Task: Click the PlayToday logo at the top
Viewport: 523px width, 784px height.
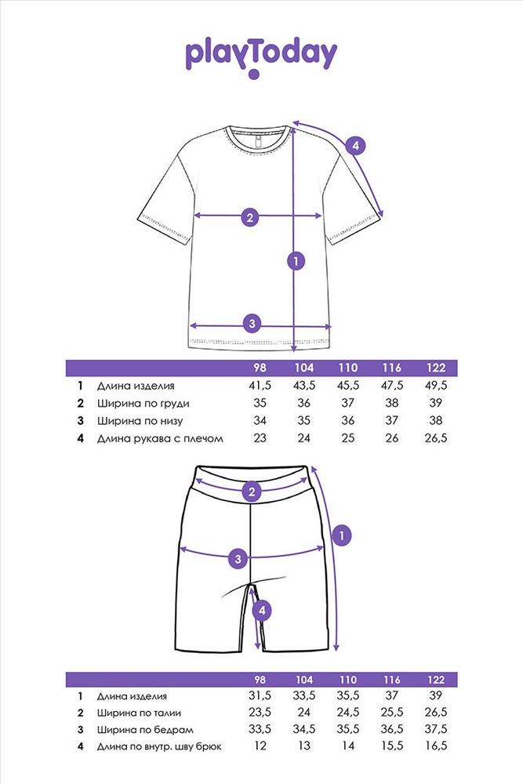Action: click(x=261, y=56)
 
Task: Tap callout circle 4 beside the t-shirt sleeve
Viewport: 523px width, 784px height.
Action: click(x=355, y=146)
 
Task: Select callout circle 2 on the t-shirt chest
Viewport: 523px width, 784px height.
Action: click(x=250, y=217)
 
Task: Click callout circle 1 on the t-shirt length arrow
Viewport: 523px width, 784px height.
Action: click(x=296, y=261)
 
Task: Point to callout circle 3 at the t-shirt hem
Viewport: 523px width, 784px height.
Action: click(x=252, y=324)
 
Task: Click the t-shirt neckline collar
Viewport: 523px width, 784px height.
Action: click(x=258, y=138)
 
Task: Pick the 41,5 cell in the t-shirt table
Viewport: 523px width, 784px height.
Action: click(x=260, y=386)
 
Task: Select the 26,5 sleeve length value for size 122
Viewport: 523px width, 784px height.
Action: click(x=435, y=438)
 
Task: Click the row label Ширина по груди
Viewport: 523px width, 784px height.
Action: click(x=143, y=404)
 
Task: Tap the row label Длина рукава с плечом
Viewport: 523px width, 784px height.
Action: click(x=160, y=438)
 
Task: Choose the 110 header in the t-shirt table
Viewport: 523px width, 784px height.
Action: click(x=348, y=368)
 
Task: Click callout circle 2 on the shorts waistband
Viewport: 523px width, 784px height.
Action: click(x=252, y=492)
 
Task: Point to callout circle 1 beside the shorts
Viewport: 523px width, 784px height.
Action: click(x=342, y=536)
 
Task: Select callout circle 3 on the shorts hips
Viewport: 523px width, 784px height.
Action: click(x=238, y=558)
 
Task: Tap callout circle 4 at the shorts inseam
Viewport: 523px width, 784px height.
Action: click(x=262, y=610)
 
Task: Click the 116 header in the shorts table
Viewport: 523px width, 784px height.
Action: click(x=392, y=680)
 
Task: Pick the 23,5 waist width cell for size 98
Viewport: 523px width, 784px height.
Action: click(x=260, y=713)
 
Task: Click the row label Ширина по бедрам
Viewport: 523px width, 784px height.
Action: click(x=145, y=730)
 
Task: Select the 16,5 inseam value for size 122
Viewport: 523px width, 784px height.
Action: click(x=435, y=746)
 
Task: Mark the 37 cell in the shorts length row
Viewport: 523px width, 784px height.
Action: click(x=392, y=695)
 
